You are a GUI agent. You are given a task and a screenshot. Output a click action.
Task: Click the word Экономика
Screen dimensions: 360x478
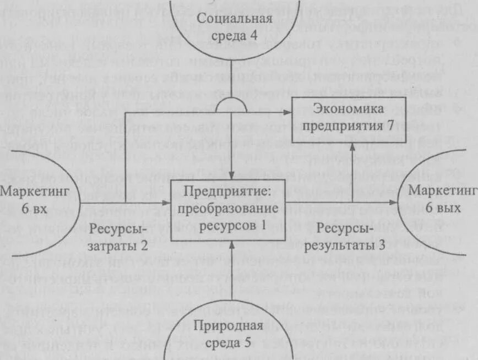(348, 108)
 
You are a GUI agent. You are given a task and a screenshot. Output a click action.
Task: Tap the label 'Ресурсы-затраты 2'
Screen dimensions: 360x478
(118, 237)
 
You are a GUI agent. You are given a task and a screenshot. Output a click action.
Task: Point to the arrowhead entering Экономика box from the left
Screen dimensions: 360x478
(287, 113)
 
